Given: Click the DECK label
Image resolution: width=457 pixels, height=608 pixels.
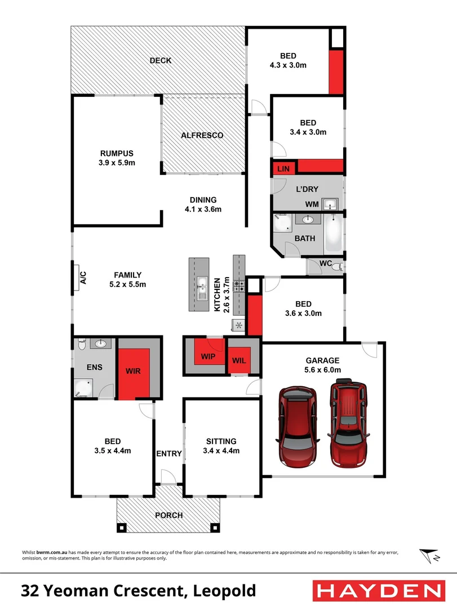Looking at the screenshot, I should [x=161, y=61].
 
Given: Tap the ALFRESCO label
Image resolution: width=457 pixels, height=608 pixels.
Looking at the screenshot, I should [x=202, y=136].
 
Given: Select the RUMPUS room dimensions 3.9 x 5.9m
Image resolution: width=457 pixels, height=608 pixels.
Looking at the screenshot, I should [x=117, y=163].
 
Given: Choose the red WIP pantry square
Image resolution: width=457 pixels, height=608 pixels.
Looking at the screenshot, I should [x=208, y=356].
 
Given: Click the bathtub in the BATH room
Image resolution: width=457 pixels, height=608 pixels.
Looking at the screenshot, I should [x=334, y=233].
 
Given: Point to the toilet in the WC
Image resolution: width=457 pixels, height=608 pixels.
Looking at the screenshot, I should [x=337, y=267].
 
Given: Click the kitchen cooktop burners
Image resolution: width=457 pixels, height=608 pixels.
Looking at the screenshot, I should [x=239, y=285].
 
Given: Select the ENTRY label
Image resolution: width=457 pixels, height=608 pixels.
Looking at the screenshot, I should [x=169, y=454].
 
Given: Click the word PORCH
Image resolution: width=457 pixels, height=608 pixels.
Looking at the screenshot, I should [x=168, y=515].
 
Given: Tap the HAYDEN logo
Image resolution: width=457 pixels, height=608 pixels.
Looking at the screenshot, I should [x=378, y=591].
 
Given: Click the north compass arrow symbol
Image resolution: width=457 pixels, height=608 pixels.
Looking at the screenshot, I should [x=429, y=556].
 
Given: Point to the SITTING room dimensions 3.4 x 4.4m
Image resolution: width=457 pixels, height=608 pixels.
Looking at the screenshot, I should [x=221, y=450].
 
